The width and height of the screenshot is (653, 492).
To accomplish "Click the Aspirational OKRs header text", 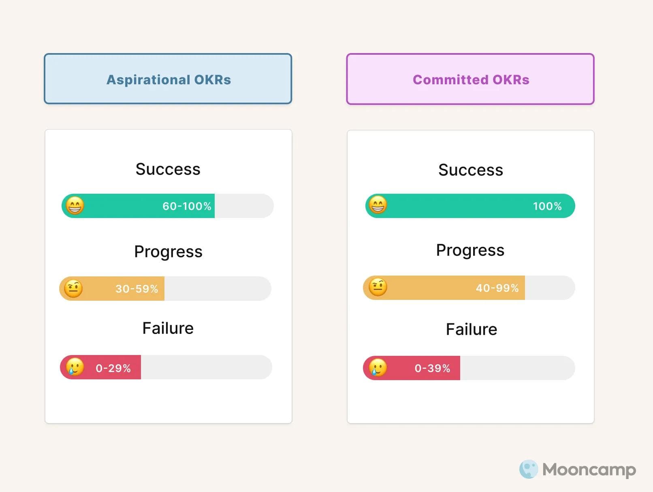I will click(169, 79).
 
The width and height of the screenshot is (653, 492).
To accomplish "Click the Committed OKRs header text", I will click(471, 79).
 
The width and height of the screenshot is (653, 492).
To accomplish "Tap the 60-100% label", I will click(187, 206).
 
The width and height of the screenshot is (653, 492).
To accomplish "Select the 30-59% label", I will click(137, 289).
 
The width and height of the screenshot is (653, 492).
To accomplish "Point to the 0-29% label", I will click(113, 368).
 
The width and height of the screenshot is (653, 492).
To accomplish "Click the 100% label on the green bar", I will click(547, 206).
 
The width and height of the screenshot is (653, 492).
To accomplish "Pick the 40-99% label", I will click(497, 288).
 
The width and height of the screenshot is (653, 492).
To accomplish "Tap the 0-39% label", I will click(432, 368).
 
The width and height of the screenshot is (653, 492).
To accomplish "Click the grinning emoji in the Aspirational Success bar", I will click(75, 205).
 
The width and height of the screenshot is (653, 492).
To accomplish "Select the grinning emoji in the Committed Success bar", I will click(378, 205).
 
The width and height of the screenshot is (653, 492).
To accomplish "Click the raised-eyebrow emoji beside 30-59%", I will click(73, 289).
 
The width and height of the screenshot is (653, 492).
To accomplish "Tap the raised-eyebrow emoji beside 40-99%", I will click(378, 287).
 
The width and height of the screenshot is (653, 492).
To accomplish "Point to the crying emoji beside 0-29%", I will click(75, 367).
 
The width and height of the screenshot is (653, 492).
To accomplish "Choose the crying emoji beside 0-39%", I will click(378, 368).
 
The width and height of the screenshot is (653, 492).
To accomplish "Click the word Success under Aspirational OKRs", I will click(168, 169).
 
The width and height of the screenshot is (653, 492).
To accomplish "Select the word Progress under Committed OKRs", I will click(470, 250).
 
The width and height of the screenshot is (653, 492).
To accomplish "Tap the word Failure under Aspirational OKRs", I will click(168, 328).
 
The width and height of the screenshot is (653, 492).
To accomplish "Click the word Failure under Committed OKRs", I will click(471, 329).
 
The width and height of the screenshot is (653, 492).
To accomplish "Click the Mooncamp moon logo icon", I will click(528, 469).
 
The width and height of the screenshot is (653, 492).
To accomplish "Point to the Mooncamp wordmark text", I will click(589, 470).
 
